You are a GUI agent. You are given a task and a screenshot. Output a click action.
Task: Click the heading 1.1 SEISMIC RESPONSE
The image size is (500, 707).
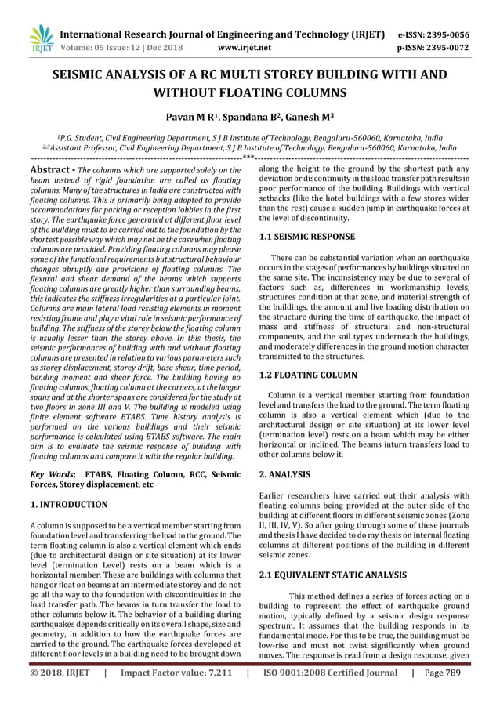[307, 236]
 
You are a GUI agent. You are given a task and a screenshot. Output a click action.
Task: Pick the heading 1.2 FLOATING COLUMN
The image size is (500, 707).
[308, 375]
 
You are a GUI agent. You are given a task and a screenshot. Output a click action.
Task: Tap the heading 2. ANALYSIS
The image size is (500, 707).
[284, 474]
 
